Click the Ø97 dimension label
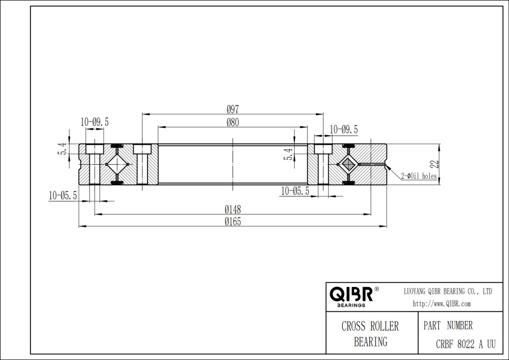[x=232, y=109]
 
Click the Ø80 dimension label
[x=232, y=122]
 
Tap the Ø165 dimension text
[x=232, y=222]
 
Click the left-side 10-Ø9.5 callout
[x=94, y=122]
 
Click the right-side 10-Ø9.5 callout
[x=343, y=130]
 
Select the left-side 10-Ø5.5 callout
[x=63, y=195]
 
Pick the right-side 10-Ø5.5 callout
[x=295, y=191]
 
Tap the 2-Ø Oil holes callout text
[x=419, y=176]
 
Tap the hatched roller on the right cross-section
[x=347, y=164]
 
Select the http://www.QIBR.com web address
[x=442, y=304]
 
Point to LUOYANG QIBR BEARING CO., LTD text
[x=447, y=290]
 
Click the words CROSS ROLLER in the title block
[x=370, y=327]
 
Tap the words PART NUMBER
[x=447, y=326]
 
